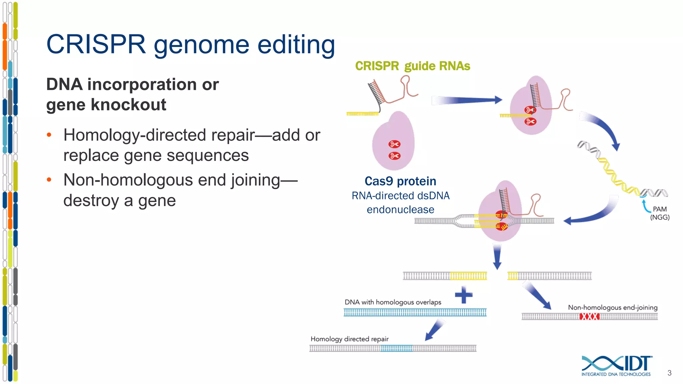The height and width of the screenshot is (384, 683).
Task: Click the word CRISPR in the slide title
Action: (x=96, y=44)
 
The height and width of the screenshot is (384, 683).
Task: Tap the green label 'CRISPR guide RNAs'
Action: (x=413, y=66)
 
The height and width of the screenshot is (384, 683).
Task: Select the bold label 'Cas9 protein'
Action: (x=400, y=181)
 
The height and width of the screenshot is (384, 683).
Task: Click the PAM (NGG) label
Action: (x=660, y=213)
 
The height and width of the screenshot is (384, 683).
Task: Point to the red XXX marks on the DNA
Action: (x=589, y=316)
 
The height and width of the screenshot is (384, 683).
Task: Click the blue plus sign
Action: (x=464, y=295)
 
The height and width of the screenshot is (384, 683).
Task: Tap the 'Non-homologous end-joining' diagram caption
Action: (x=613, y=307)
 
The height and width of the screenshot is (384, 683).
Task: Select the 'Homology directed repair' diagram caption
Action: (x=350, y=339)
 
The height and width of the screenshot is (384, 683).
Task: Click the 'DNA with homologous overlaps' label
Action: (x=393, y=302)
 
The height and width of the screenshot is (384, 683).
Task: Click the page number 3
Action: (x=669, y=373)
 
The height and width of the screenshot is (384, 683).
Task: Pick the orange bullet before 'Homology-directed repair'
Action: (x=49, y=135)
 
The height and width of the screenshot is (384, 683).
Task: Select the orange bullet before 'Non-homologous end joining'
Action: (x=49, y=180)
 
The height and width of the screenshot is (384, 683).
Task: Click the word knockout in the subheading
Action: (x=128, y=105)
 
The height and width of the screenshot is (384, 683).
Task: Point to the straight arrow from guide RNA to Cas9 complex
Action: (x=467, y=100)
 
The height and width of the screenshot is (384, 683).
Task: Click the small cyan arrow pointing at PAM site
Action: (x=646, y=205)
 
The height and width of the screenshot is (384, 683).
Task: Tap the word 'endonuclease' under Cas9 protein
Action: (x=400, y=210)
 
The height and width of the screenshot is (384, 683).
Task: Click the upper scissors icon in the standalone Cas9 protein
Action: (x=394, y=144)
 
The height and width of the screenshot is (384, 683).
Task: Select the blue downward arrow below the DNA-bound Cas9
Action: (x=497, y=256)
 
